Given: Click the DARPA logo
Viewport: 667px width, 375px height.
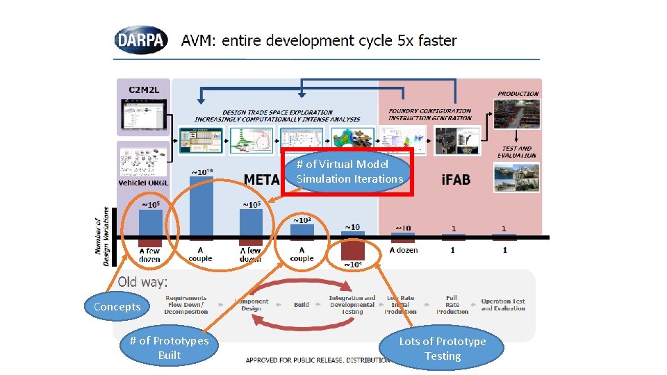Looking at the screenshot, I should point(141,40).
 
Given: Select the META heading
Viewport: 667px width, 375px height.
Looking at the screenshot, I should point(262,180).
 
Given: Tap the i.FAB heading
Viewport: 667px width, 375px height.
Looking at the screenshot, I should point(456,180).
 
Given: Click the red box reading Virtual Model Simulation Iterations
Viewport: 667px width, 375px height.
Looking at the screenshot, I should point(348,172).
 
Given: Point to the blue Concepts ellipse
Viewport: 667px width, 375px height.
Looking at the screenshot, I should point(117,307).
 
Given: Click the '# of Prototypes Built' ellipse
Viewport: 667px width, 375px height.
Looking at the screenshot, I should point(169,347).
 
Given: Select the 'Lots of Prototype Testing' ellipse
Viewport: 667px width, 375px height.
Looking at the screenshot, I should point(443,349).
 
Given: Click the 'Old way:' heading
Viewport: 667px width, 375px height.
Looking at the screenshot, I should point(142,282).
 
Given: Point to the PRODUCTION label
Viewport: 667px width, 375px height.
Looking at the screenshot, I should point(518,94).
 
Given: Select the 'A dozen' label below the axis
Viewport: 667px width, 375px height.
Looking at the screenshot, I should point(403,250).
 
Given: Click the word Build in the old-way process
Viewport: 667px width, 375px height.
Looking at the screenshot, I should point(302,305).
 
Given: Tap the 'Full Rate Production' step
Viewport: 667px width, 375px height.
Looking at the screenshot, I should point(452,305).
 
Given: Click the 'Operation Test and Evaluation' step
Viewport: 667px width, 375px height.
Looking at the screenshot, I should point(503,305).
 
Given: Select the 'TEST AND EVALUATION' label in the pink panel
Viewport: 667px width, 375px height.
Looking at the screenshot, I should point(516,151).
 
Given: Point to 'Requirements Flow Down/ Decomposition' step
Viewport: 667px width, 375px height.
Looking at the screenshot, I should point(186,305).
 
